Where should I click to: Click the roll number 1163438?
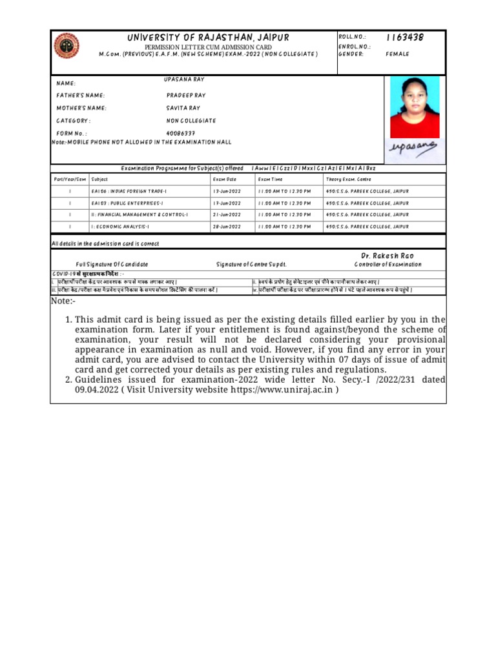[x=405, y=37]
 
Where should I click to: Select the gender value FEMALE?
[x=397, y=54]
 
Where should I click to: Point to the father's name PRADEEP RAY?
[x=186, y=96]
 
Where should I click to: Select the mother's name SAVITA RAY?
[x=183, y=108]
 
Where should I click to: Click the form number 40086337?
[x=181, y=134]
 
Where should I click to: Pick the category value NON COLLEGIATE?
[x=191, y=121]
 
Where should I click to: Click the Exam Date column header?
[x=225, y=179]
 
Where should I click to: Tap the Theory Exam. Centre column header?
[x=349, y=179]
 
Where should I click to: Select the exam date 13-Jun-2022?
[x=227, y=192]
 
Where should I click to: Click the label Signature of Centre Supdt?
[x=251, y=265]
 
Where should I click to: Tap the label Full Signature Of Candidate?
[x=112, y=265]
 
